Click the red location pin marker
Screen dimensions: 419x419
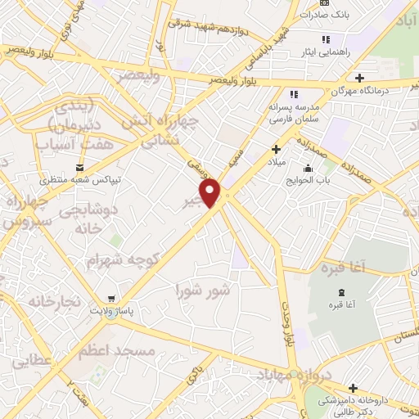(x=211, y=193)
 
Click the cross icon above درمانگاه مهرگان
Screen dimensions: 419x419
(x=359, y=78)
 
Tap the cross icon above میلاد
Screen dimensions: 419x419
(x=276, y=149)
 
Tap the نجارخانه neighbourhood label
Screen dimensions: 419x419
(x=54, y=301)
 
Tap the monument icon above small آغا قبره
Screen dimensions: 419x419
(x=341, y=293)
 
